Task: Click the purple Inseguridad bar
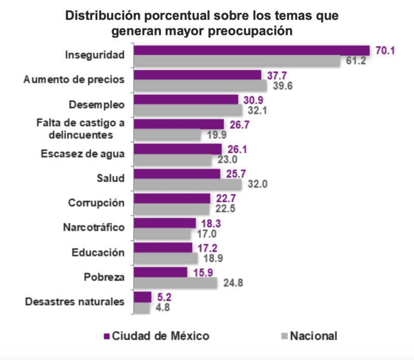[252, 50]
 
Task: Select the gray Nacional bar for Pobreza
[175, 283]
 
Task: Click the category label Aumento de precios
[75, 80]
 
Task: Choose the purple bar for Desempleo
[186, 99]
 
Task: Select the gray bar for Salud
[188, 184]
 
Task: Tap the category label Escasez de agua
[82, 153]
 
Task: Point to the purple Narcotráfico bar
[165, 223]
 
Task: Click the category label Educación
[98, 252]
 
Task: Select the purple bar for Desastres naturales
[142, 297]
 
